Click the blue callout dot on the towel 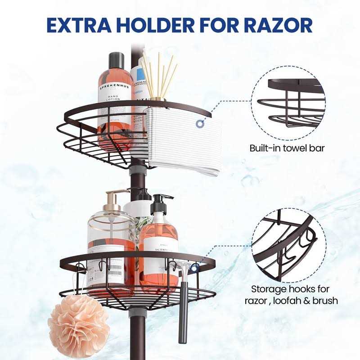tap(199, 123)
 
